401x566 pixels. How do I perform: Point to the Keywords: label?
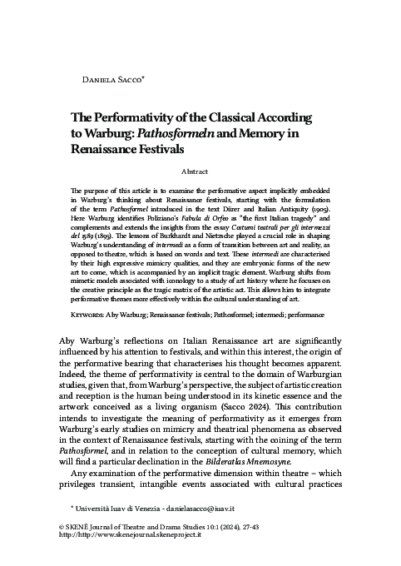[x=82, y=294]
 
